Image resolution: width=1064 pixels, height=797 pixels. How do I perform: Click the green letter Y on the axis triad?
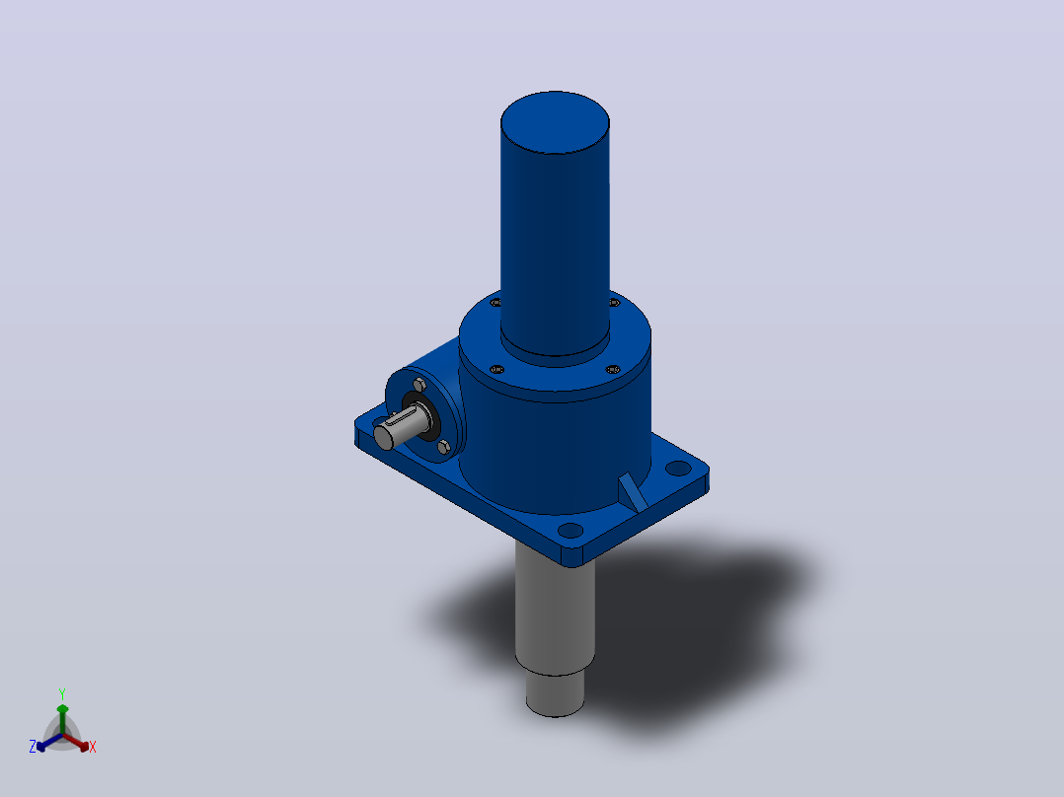(x=62, y=693)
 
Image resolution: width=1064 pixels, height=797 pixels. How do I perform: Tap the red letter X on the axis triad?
(x=93, y=747)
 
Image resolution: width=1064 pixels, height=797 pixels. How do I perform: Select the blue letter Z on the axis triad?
(x=32, y=746)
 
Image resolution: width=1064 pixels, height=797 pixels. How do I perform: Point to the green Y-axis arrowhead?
(x=62, y=709)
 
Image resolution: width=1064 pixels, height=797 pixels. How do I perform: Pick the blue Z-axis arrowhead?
(x=41, y=746)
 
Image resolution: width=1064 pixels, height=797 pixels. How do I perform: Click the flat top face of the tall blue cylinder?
(x=555, y=122)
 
